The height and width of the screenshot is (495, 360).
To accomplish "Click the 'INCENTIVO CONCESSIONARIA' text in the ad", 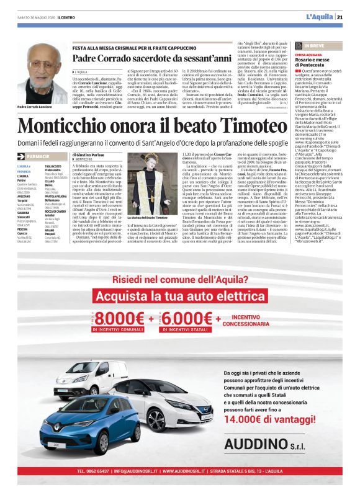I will point(246,320).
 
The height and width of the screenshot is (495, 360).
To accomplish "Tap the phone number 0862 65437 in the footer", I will point(102,472).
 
